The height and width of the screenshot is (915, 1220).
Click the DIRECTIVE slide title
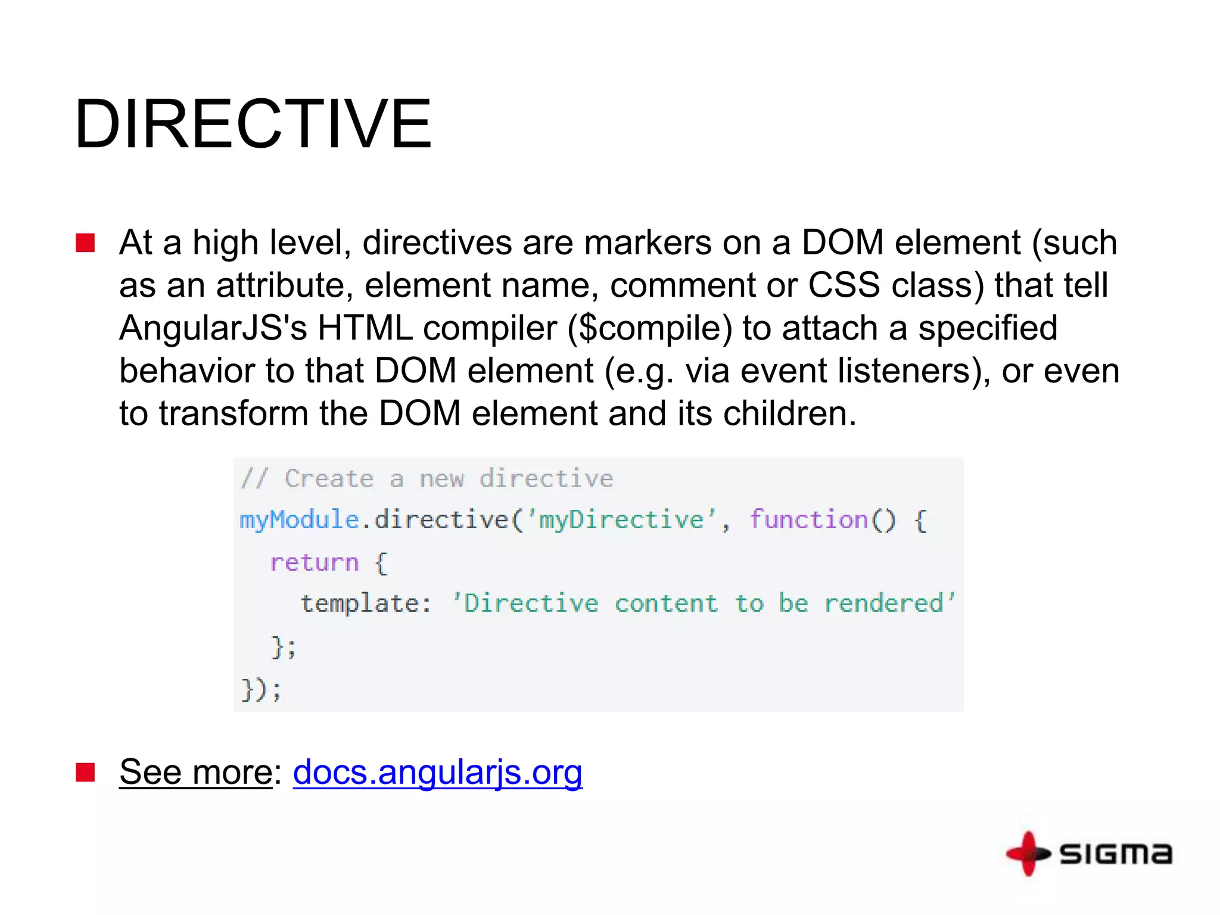click(x=253, y=124)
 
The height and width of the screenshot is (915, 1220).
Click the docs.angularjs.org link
click(x=437, y=772)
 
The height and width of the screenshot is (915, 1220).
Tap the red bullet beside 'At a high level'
click(x=85, y=243)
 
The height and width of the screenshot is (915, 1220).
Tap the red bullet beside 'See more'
click(x=85, y=772)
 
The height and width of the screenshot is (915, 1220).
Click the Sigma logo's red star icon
click(x=1028, y=854)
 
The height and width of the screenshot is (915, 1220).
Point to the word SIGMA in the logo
click(x=1116, y=854)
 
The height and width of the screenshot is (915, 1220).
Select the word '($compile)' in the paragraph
click(x=649, y=328)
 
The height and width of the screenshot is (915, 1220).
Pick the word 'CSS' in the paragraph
click(x=844, y=285)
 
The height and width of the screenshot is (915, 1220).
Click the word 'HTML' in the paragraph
click(x=365, y=328)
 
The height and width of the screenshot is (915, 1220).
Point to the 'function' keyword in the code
click(x=808, y=519)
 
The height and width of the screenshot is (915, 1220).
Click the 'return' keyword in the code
click(x=314, y=562)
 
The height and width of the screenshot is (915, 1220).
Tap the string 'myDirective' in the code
click(x=621, y=519)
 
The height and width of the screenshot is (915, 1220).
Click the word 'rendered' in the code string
click(x=885, y=603)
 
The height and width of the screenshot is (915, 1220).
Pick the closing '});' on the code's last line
click(x=261, y=690)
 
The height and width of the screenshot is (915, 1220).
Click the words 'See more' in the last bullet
click(x=196, y=772)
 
